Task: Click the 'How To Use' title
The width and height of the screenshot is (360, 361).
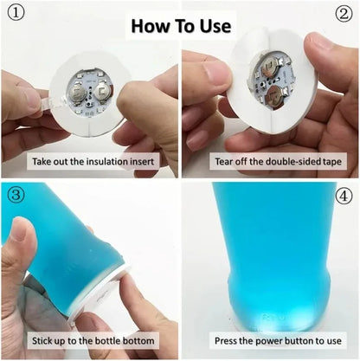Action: click(180, 25)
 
